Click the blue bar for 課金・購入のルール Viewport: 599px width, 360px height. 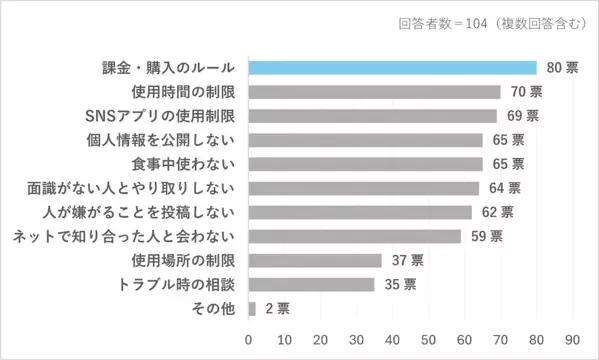pyautogui.click(x=392, y=68)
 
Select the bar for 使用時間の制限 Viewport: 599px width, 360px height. pyautogui.click(x=374, y=92)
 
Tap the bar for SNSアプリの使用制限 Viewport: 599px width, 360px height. pyautogui.click(x=372, y=116)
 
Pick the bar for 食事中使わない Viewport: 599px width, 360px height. pyautogui.click(x=365, y=164)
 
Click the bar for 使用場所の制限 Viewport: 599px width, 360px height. pyautogui.click(x=314, y=260)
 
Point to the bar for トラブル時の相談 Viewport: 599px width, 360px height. pyautogui.click(x=311, y=284)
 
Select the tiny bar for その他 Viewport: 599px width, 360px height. pyautogui.click(x=252, y=308)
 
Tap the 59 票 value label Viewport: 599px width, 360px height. pyautogui.click(x=487, y=236)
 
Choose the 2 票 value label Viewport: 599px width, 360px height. pyautogui.click(x=276, y=308)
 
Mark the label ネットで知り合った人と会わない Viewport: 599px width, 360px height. pyautogui.click(x=124, y=236)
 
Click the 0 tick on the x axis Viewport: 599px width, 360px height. pyautogui.click(x=248, y=337)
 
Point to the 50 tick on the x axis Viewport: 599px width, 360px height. pyautogui.click(x=429, y=337)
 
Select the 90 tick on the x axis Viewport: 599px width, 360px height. pyautogui.click(x=573, y=337)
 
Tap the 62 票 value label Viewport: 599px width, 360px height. pyautogui.click(x=498, y=212)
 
